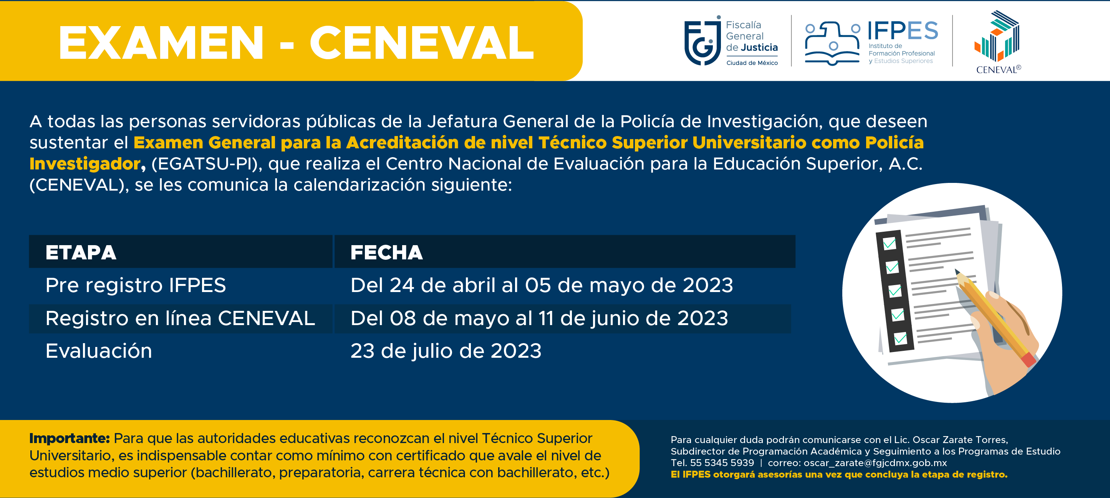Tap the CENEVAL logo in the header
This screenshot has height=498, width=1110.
998,42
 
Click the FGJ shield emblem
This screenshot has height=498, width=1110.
702,41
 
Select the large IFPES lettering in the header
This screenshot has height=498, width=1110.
903,31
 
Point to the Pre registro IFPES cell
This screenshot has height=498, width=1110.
136,285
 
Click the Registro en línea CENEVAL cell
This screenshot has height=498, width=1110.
180,318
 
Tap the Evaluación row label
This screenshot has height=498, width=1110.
99,351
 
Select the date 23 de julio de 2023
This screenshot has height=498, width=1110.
446,351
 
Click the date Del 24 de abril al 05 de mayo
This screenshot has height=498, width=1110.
542,286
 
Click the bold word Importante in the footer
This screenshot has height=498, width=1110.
70,438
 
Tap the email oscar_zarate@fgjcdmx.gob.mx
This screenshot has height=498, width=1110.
875,463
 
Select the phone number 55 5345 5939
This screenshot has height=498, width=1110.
722,463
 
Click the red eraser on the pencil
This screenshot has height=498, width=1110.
1028,359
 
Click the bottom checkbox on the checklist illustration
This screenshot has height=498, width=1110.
900,339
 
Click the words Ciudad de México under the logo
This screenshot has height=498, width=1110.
752,63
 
